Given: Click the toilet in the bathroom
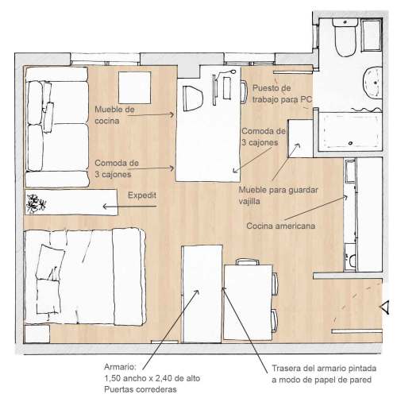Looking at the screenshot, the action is click(x=345, y=37).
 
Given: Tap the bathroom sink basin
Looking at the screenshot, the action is click(x=373, y=83).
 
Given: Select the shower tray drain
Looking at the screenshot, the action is click(x=351, y=143).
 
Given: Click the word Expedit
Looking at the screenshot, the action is click(x=142, y=195).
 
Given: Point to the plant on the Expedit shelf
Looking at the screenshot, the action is click(x=36, y=203).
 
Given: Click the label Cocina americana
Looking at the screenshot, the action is click(x=281, y=226).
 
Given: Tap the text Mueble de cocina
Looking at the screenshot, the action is click(x=114, y=115).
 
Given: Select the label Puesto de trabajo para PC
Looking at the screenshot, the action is click(x=282, y=94).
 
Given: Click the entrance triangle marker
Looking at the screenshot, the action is click(x=384, y=307).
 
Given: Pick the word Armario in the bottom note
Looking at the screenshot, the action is click(x=120, y=367).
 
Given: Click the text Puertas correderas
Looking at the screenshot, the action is click(x=141, y=389).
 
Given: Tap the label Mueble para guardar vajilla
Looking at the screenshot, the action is click(x=278, y=195).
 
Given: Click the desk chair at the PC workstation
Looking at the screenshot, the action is click(x=244, y=91).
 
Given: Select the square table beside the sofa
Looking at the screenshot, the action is click(x=134, y=87).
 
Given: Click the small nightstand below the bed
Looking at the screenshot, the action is click(x=37, y=334).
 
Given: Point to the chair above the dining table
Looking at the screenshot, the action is click(x=248, y=262).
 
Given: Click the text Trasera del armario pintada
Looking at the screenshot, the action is click(x=324, y=368).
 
